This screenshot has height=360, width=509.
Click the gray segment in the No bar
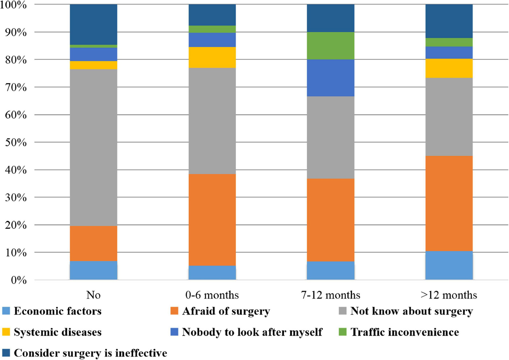click(93, 147)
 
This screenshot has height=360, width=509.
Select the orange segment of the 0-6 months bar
click(212, 219)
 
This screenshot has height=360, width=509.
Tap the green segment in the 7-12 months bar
click(331, 45)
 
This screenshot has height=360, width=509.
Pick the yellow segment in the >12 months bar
click(449, 68)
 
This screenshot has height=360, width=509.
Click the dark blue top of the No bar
click(93, 24)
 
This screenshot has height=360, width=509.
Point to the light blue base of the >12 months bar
click(449, 265)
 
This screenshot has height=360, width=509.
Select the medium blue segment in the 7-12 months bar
click(331, 78)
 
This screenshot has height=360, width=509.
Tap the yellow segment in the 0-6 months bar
click(212, 57)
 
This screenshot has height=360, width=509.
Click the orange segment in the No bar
click(93, 243)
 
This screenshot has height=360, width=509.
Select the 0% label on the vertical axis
click(18, 280)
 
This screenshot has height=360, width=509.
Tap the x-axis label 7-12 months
click(331, 295)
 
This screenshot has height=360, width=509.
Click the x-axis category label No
click(93, 295)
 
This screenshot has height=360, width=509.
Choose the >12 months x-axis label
click(449, 295)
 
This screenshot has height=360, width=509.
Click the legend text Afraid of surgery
click(226, 311)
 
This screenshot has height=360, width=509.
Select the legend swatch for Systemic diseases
click(6, 332)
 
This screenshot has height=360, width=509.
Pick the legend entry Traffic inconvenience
click(404, 332)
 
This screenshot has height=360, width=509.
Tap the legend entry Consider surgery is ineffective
click(90, 353)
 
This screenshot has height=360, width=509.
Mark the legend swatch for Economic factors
click(6, 311)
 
